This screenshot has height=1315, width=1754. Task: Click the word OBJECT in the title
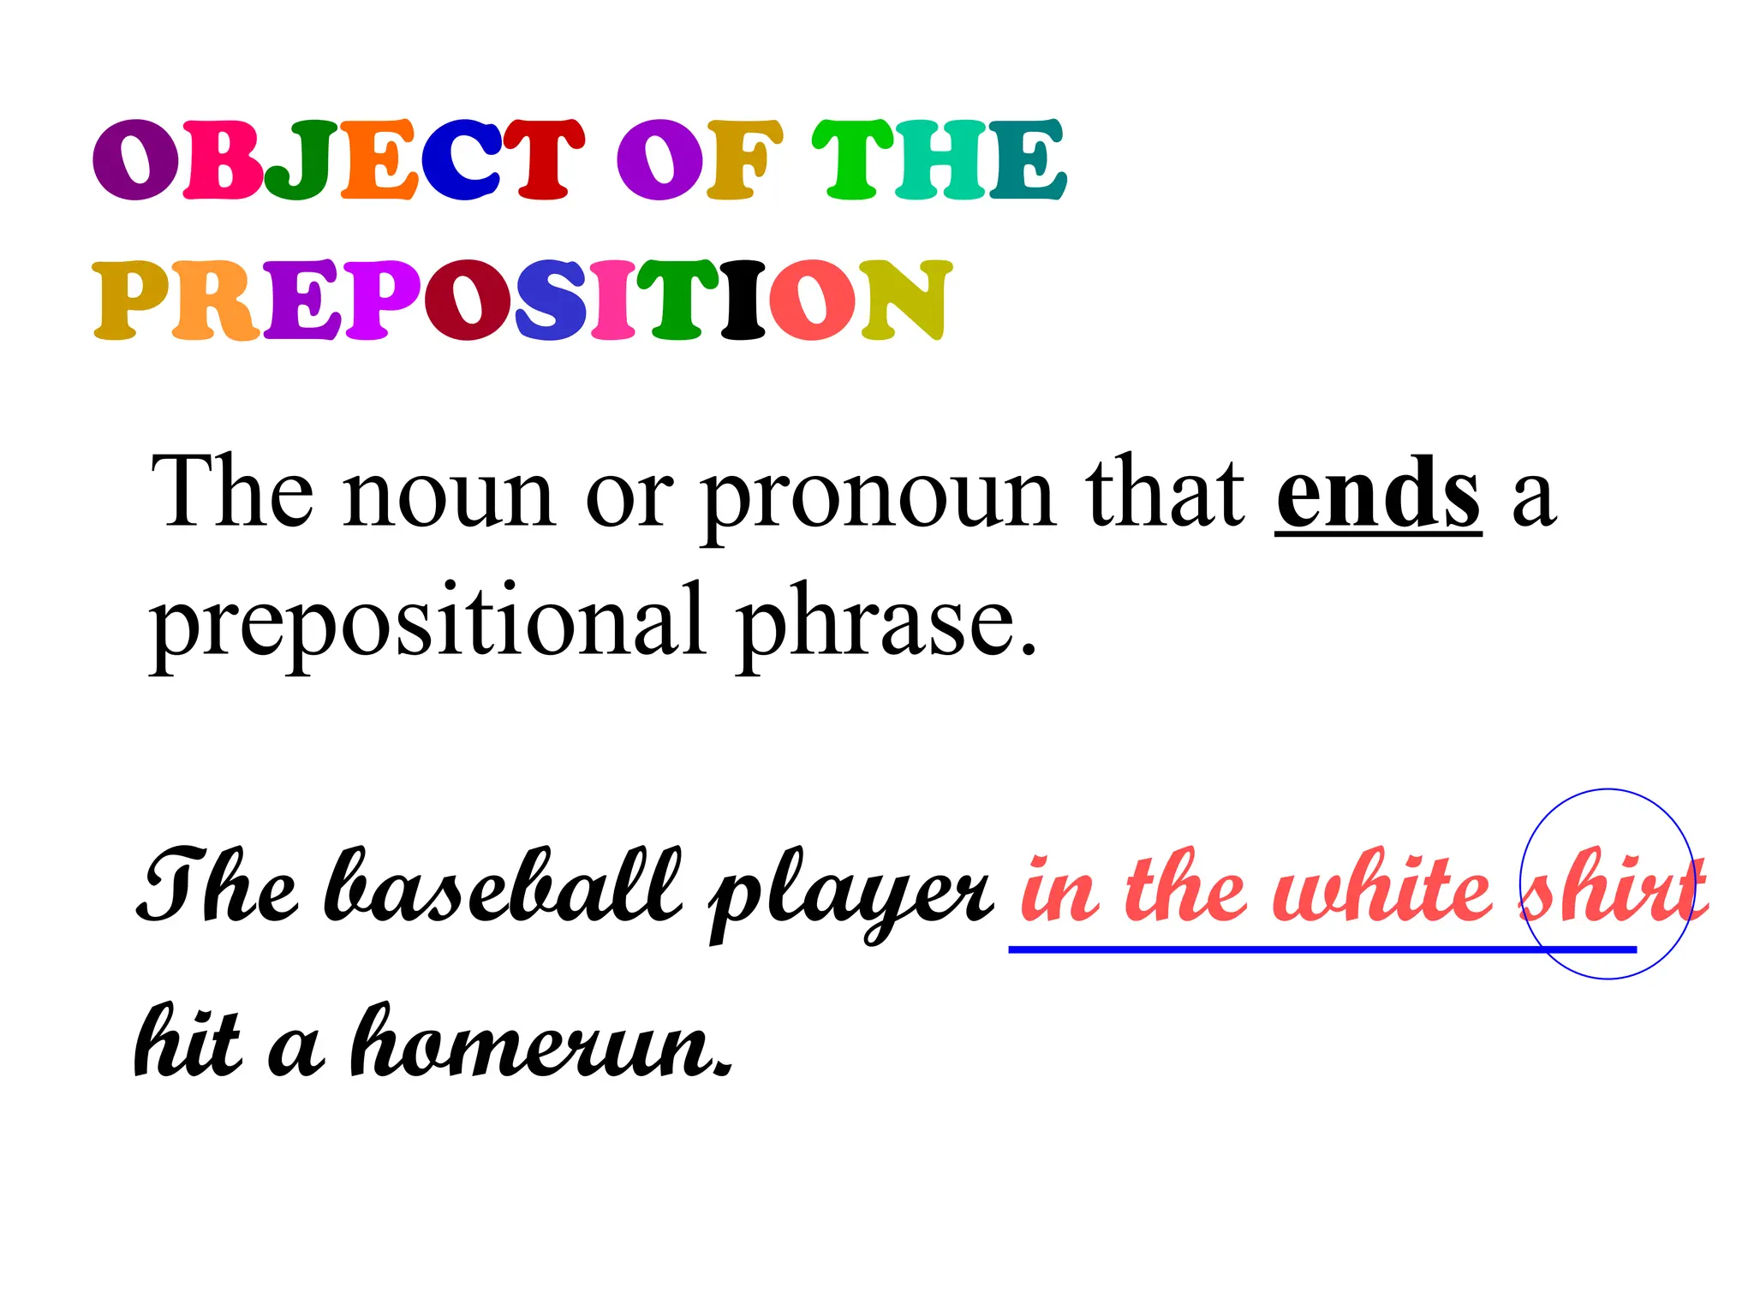pyautogui.click(x=338, y=160)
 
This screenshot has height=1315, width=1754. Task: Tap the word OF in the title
pyautogui.click(x=699, y=160)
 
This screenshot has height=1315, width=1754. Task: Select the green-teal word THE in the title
pyautogui.click(x=939, y=160)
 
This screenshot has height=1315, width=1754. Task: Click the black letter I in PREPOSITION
pyautogui.click(x=743, y=300)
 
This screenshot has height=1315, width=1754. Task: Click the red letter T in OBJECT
pyautogui.click(x=543, y=160)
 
